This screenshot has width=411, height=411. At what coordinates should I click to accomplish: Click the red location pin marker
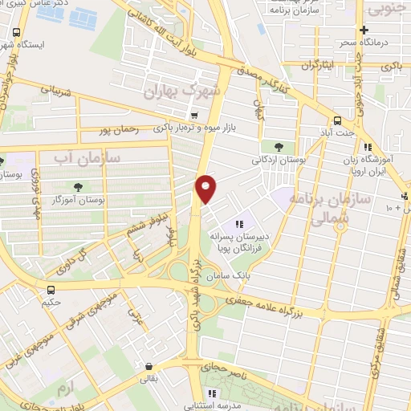point(207,189)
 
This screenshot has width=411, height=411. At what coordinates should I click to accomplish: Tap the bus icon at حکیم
point(51,291)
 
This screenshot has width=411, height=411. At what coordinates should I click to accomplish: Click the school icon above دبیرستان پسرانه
point(238,224)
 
